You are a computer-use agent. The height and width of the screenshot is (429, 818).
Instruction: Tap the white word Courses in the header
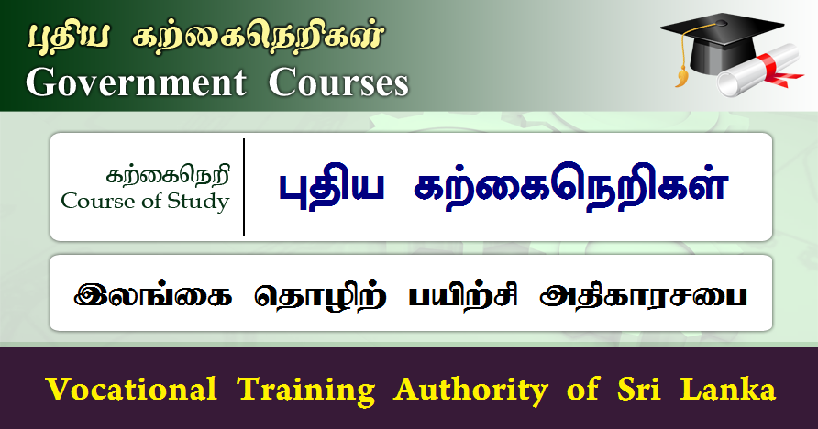(338, 82)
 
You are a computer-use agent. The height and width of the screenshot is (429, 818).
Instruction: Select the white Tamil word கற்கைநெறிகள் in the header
(259, 38)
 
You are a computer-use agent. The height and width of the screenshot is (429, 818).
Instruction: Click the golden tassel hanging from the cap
(680, 71)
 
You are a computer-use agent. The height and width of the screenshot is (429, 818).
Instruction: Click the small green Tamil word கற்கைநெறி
(168, 173)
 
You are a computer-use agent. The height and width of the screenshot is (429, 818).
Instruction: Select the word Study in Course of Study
(197, 201)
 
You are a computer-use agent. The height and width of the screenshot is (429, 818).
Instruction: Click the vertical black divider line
(244, 187)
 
